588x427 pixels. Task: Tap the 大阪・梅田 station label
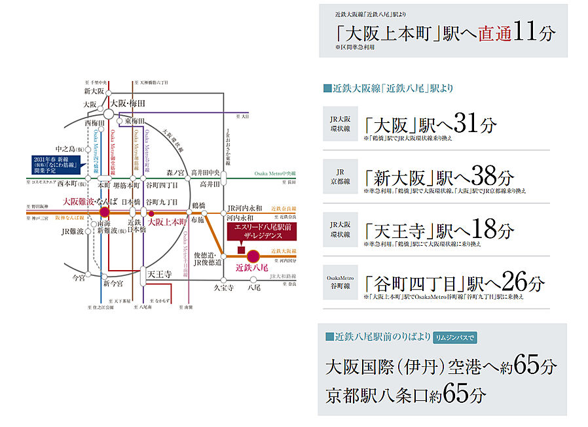[x=128, y=103]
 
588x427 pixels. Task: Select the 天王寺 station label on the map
[x=159, y=274]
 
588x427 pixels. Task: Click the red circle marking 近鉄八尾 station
[x=253, y=252]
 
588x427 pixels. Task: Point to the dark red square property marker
[x=242, y=250]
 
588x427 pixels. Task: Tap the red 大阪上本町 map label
[x=168, y=222]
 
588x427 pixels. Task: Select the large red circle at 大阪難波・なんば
[x=104, y=212]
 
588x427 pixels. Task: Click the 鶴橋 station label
[x=199, y=205]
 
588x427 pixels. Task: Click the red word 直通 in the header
[x=494, y=33]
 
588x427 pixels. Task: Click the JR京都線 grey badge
[x=340, y=176]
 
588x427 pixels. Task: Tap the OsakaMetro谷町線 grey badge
[x=340, y=282]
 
